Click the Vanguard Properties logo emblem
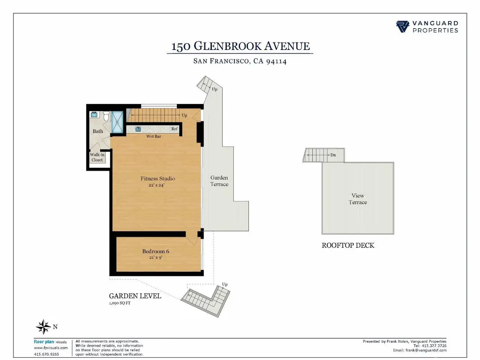pyautogui.click(x=402, y=27)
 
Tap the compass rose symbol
pyautogui.click(x=43, y=327)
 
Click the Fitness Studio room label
pyautogui.click(x=157, y=178)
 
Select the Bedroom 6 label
pyautogui.click(x=156, y=251)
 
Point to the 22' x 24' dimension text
pyautogui.click(x=156, y=185)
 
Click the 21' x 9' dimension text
pyautogui.click(x=156, y=258)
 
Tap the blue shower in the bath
pyautogui.click(x=117, y=122)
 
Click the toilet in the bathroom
pyautogui.click(x=106, y=116)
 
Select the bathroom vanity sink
pyautogui.click(x=94, y=114)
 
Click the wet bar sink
pyautogui.click(x=138, y=129)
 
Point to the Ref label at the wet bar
pyautogui.click(x=174, y=129)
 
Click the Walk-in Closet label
pyautogui.click(x=97, y=157)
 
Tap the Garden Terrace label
pyautogui.click(x=219, y=181)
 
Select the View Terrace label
pyautogui.click(x=358, y=199)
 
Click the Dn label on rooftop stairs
pyautogui.click(x=333, y=155)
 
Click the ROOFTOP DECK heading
pyautogui.click(x=348, y=245)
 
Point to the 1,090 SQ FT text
pyautogui.click(x=120, y=303)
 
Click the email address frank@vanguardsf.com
pyautogui.click(x=426, y=350)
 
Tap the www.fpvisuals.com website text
pyautogui.click(x=51, y=348)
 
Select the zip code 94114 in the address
pyautogui.click(x=276, y=61)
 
